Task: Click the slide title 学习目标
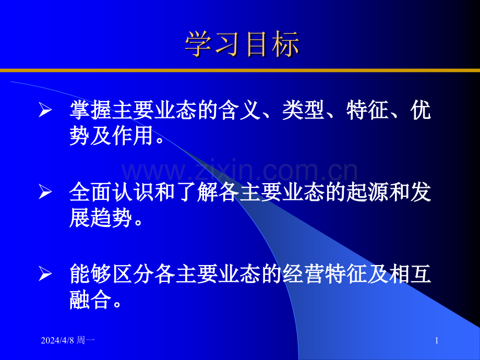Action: (x=242, y=44)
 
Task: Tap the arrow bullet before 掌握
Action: (x=46, y=112)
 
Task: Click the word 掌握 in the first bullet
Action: (x=89, y=111)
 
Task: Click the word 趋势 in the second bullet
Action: (x=109, y=218)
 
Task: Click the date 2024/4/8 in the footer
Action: (x=58, y=341)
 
